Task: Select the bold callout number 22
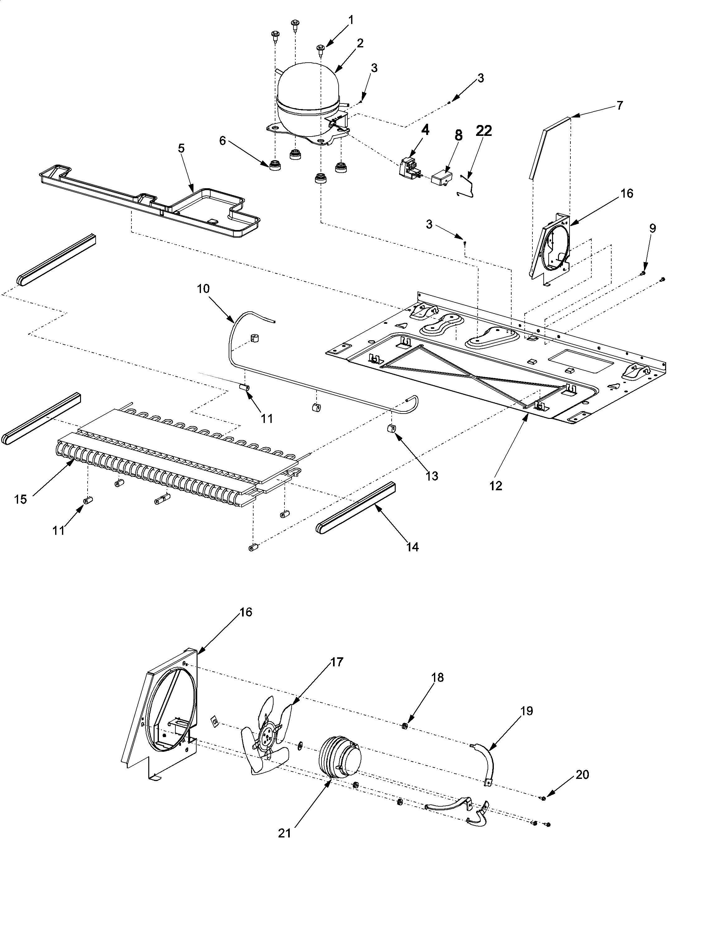(x=484, y=131)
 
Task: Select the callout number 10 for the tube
(x=203, y=289)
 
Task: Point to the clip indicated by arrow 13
(x=391, y=429)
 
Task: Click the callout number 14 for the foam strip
(x=412, y=547)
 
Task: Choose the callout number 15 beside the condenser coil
(x=20, y=499)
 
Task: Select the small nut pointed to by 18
(x=403, y=726)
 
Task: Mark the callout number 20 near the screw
(x=582, y=775)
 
